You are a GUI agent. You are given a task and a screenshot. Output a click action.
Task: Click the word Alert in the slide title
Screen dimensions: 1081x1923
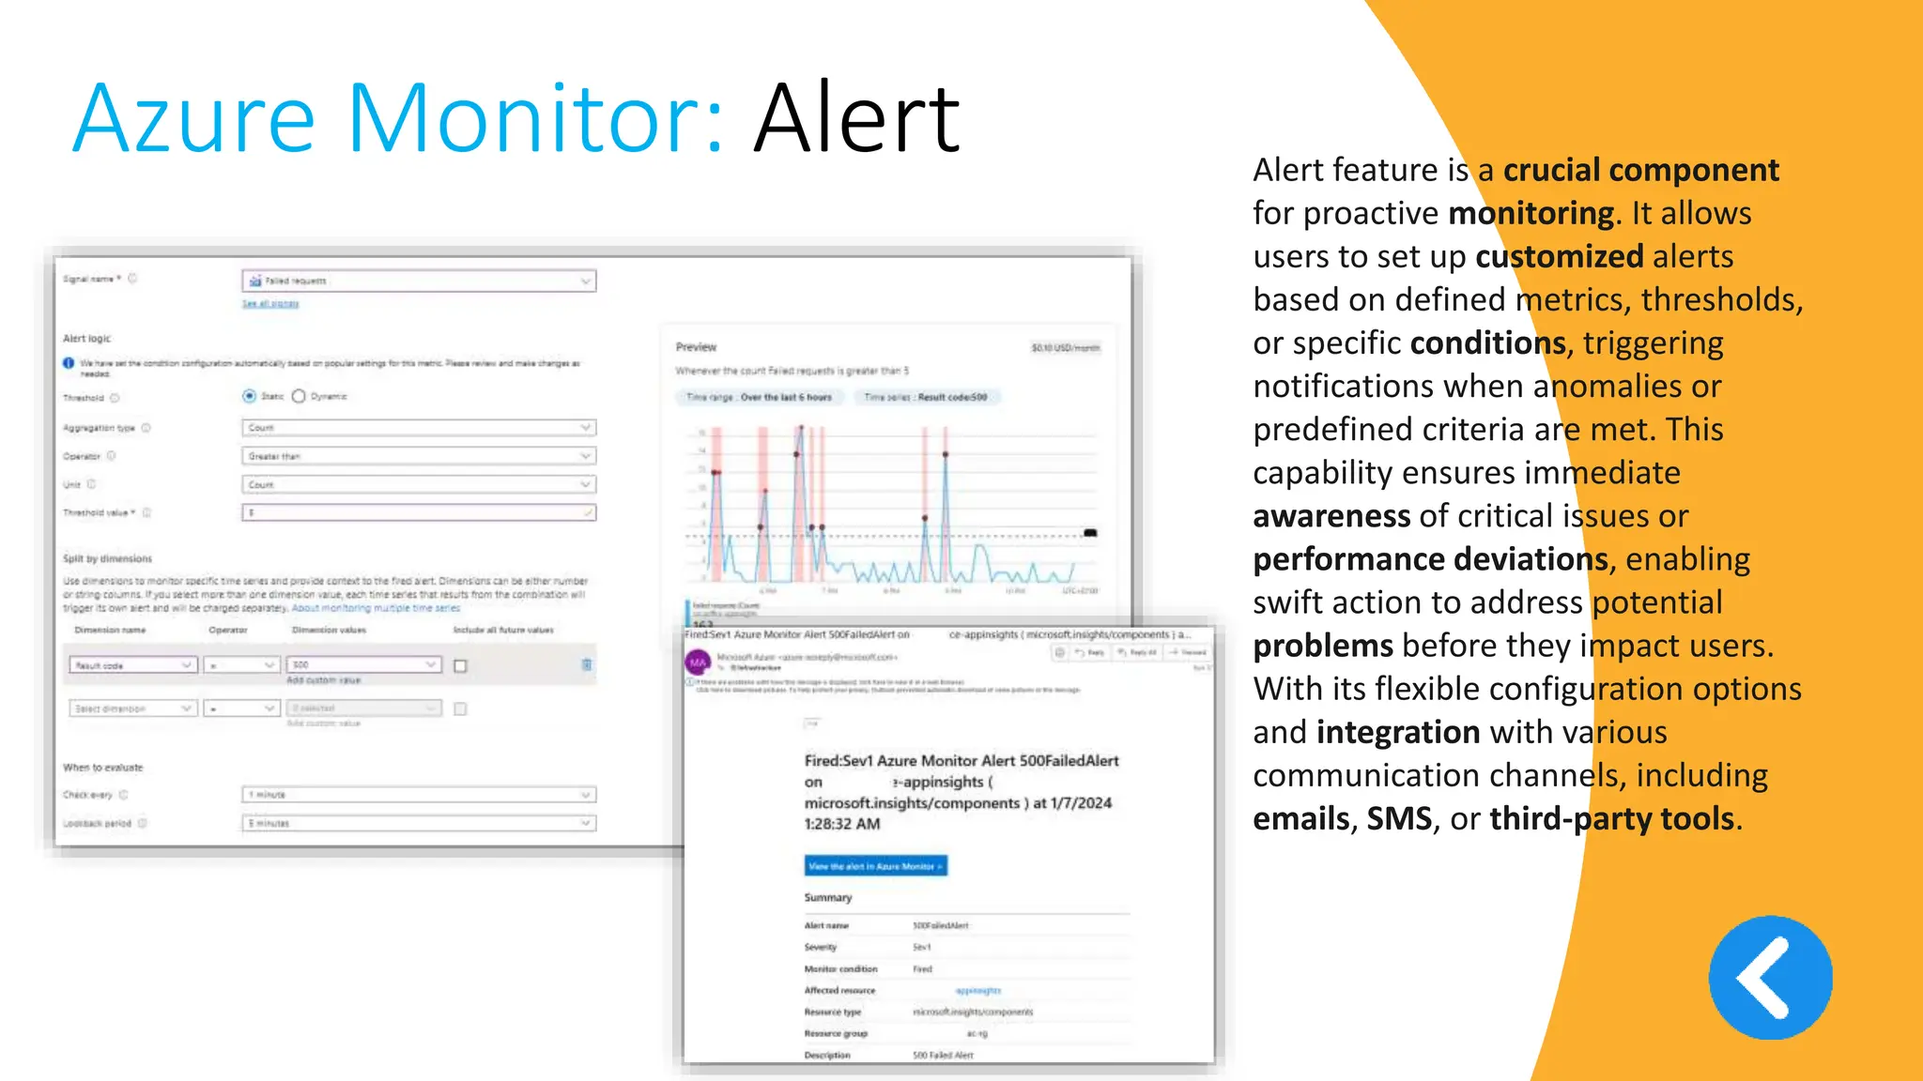pos(856,119)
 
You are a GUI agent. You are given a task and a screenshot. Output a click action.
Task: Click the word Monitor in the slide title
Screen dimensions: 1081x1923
pos(535,119)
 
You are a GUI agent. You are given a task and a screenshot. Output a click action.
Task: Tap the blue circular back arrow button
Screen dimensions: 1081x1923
pos(1770,978)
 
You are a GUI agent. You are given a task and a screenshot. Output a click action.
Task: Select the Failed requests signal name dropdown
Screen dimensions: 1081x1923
pos(419,281)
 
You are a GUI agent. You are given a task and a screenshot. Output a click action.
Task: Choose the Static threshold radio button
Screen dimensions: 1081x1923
pos(250,396)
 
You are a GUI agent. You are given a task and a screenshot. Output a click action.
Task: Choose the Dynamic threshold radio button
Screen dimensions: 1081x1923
pos(299,396)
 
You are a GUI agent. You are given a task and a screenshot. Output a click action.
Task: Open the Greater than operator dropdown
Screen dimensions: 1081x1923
pos(419,456)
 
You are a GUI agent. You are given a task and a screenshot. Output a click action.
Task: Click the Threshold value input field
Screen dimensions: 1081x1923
pos(419,513)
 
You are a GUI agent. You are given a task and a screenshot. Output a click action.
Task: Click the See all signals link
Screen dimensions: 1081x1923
pos(270,304)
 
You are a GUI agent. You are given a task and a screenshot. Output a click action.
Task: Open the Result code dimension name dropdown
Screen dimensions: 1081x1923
pos(132,665)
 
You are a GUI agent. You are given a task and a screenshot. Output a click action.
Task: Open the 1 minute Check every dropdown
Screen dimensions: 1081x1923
pos(419,795)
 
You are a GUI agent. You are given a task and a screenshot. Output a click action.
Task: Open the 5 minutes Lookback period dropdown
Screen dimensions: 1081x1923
pos(419,823)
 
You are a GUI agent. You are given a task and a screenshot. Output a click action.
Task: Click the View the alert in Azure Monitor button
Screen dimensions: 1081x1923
pos(875,866)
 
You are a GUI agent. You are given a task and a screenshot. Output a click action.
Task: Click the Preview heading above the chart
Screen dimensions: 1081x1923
pos(696,347)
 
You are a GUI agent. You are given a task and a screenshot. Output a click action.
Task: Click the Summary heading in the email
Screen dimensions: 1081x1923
pos(827,898)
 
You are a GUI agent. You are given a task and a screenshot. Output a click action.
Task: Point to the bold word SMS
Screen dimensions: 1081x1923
pos(1399,819)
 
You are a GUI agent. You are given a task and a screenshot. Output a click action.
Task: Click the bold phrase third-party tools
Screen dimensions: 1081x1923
pos(1611,819)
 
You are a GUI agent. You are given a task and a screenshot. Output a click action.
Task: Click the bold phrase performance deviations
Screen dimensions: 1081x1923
pos(1431,559)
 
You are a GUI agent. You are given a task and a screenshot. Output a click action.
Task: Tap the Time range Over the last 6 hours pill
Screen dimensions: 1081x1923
pos(759,398)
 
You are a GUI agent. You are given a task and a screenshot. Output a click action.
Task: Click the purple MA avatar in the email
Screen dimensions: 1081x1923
pos(698,662)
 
